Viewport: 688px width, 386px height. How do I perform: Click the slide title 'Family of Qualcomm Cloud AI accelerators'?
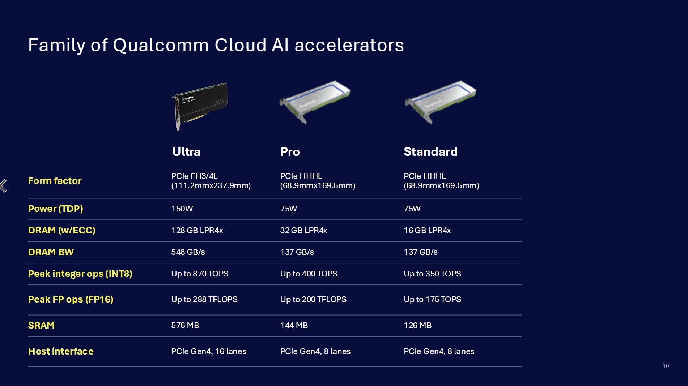[x=216, y=45]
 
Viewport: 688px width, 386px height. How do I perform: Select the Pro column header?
[x=290, y=152]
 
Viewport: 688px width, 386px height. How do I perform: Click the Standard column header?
[x=430, y=152]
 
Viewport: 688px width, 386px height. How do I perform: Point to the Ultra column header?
[x=186, y=152]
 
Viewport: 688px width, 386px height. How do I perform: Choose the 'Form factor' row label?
[x=55, y=181]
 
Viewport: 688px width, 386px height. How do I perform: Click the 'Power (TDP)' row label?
[x=56, y=209]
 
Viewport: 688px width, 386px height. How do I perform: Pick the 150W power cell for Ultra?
[x=182, y=209]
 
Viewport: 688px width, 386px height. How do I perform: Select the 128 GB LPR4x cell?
[x=197, y=230]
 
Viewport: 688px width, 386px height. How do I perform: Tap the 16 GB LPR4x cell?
[x=427, y=230]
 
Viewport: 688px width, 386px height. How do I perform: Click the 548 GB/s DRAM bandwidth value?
[x=188, y=252]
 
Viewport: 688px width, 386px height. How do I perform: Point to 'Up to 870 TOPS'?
[x=200, y=274]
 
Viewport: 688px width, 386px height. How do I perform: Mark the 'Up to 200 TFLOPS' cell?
[x=313, y=299]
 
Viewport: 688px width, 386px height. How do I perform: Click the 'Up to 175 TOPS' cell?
[x=432, y=299]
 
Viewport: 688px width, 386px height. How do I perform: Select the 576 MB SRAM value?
[x=185, y=325]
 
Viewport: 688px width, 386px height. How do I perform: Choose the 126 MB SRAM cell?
[x=417, y=325]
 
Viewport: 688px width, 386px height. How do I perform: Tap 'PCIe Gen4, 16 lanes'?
[x=209, y=351]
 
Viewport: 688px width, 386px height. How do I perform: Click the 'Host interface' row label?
[x=61, y=351]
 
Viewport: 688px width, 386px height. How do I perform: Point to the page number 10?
[x=666, y=366]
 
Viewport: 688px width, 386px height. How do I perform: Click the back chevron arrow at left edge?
[x=4, y=185]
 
